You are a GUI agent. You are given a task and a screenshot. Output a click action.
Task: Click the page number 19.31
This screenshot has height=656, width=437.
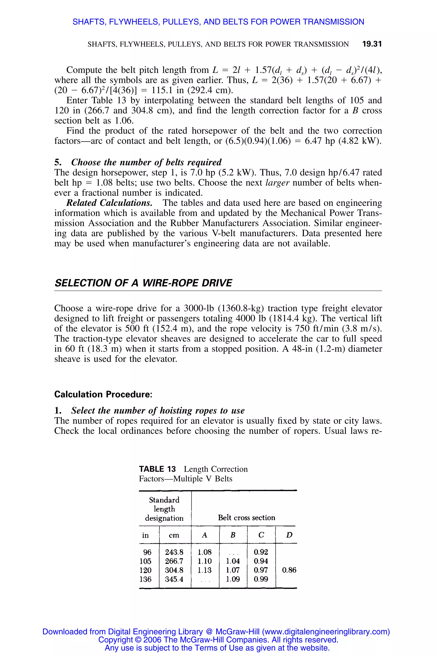[371, 44]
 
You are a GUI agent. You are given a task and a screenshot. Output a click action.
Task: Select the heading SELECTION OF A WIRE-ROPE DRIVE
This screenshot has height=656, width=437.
[143, 283]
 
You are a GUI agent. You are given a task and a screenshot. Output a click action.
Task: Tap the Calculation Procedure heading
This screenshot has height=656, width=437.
[103, 394]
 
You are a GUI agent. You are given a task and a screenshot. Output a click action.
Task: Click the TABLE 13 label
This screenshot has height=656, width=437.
[157, 469]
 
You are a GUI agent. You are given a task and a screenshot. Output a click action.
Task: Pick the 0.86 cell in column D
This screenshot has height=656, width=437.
[289, 570]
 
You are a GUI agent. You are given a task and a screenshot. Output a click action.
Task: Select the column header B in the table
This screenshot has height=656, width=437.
[233, 535]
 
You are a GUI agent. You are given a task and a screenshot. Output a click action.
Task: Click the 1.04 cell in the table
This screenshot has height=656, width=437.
[233, 561]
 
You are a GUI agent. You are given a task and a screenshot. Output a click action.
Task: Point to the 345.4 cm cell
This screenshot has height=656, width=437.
[174, 579]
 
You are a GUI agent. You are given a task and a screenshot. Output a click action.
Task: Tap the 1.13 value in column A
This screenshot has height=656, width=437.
[205, 570]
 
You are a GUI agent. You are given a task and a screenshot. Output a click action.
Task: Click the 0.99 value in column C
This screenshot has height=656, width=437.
[261, 579]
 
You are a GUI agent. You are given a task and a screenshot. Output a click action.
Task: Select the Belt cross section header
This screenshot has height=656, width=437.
[246, 518]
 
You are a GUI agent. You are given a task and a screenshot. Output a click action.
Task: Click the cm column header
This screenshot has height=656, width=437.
[174, 535]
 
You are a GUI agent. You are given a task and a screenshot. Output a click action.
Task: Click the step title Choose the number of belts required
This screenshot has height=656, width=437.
[146, 162]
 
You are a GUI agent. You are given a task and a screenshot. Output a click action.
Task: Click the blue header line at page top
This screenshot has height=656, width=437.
[218, 22]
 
